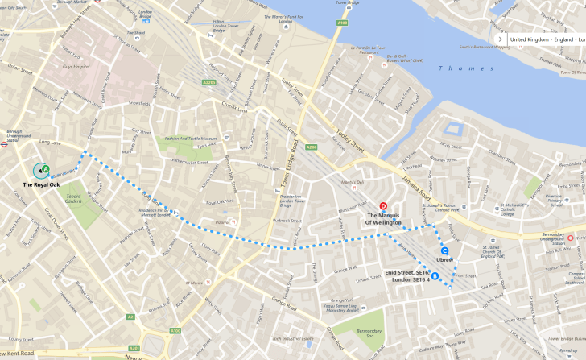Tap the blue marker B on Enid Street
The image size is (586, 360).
(435, 277)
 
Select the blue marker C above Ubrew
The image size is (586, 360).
(445, 250)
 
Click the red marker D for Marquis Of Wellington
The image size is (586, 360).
(383, 206)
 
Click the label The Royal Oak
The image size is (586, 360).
(41, 185)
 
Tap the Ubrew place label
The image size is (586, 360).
(445, 260)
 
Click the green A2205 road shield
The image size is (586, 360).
(209, 82)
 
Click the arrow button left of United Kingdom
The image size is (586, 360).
(500, 39)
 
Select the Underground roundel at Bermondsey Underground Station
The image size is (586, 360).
(570, 238)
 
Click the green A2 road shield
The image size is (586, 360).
(130, 317)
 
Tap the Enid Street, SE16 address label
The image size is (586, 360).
(407, 273)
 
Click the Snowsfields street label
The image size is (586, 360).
(139, 103)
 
